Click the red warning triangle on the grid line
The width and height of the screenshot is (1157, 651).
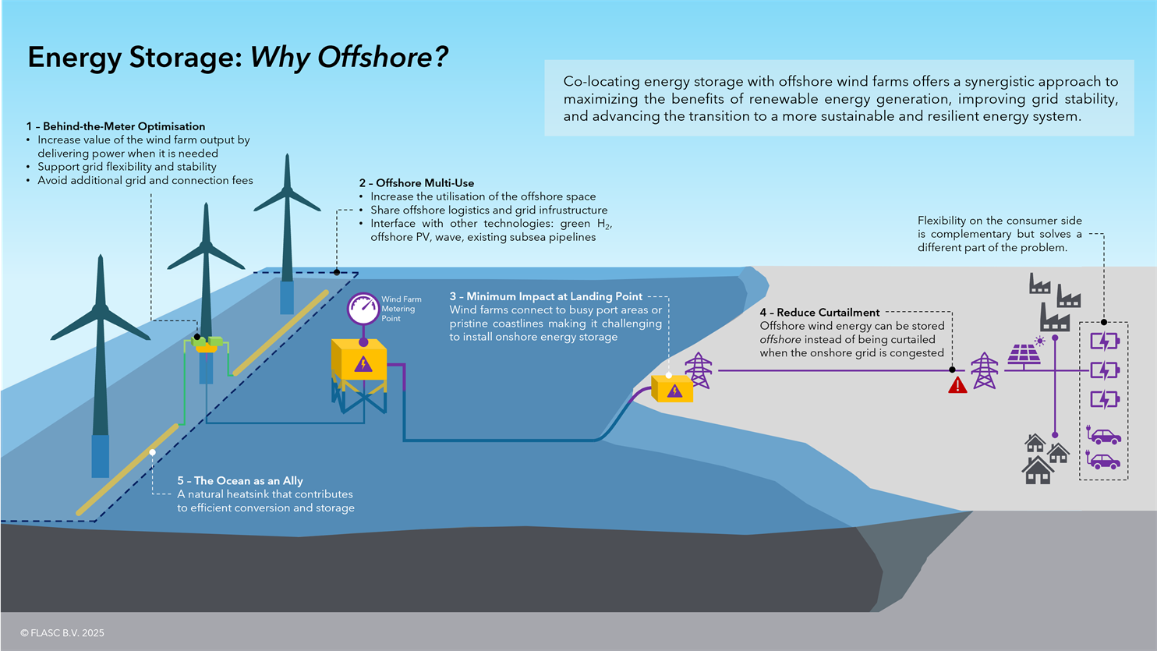pyautogui.click(x=957, y=385)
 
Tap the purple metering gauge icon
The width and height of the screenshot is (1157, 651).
pyautogui.click(x=363, y=309)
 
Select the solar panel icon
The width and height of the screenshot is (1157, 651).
pyautogui.click(x=1024, y=357)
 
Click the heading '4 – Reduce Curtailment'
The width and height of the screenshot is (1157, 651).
pyautogui.click(x=819, y=313)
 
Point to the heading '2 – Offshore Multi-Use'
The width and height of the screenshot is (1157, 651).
pyautogui.click(x=416, y=183)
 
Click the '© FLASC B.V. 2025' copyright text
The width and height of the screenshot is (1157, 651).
pyautogui.click(x=62, y=633)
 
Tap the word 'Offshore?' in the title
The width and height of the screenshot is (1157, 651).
pyautogui.click(x=383, y=57)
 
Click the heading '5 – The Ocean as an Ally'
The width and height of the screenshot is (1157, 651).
pyautogui.click(x=240, y=481)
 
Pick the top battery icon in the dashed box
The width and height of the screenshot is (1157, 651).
pyautogui.click(x=1105, y=341)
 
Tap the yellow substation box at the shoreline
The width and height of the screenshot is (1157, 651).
pyautogui.click(x=671, y=388)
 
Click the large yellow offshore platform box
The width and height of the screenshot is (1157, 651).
pyautogui.click(x=359, y=360)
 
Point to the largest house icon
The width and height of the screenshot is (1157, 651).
pyautogui.click(x=1038, y=469)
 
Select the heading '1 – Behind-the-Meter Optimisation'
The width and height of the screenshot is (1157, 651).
pyautogui.click(x=115, y=126)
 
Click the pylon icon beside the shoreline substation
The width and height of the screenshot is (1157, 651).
pyautogui.click(x=699, y=370)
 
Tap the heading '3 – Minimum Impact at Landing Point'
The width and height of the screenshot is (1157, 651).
pyautogui.click(x=546, y=296)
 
